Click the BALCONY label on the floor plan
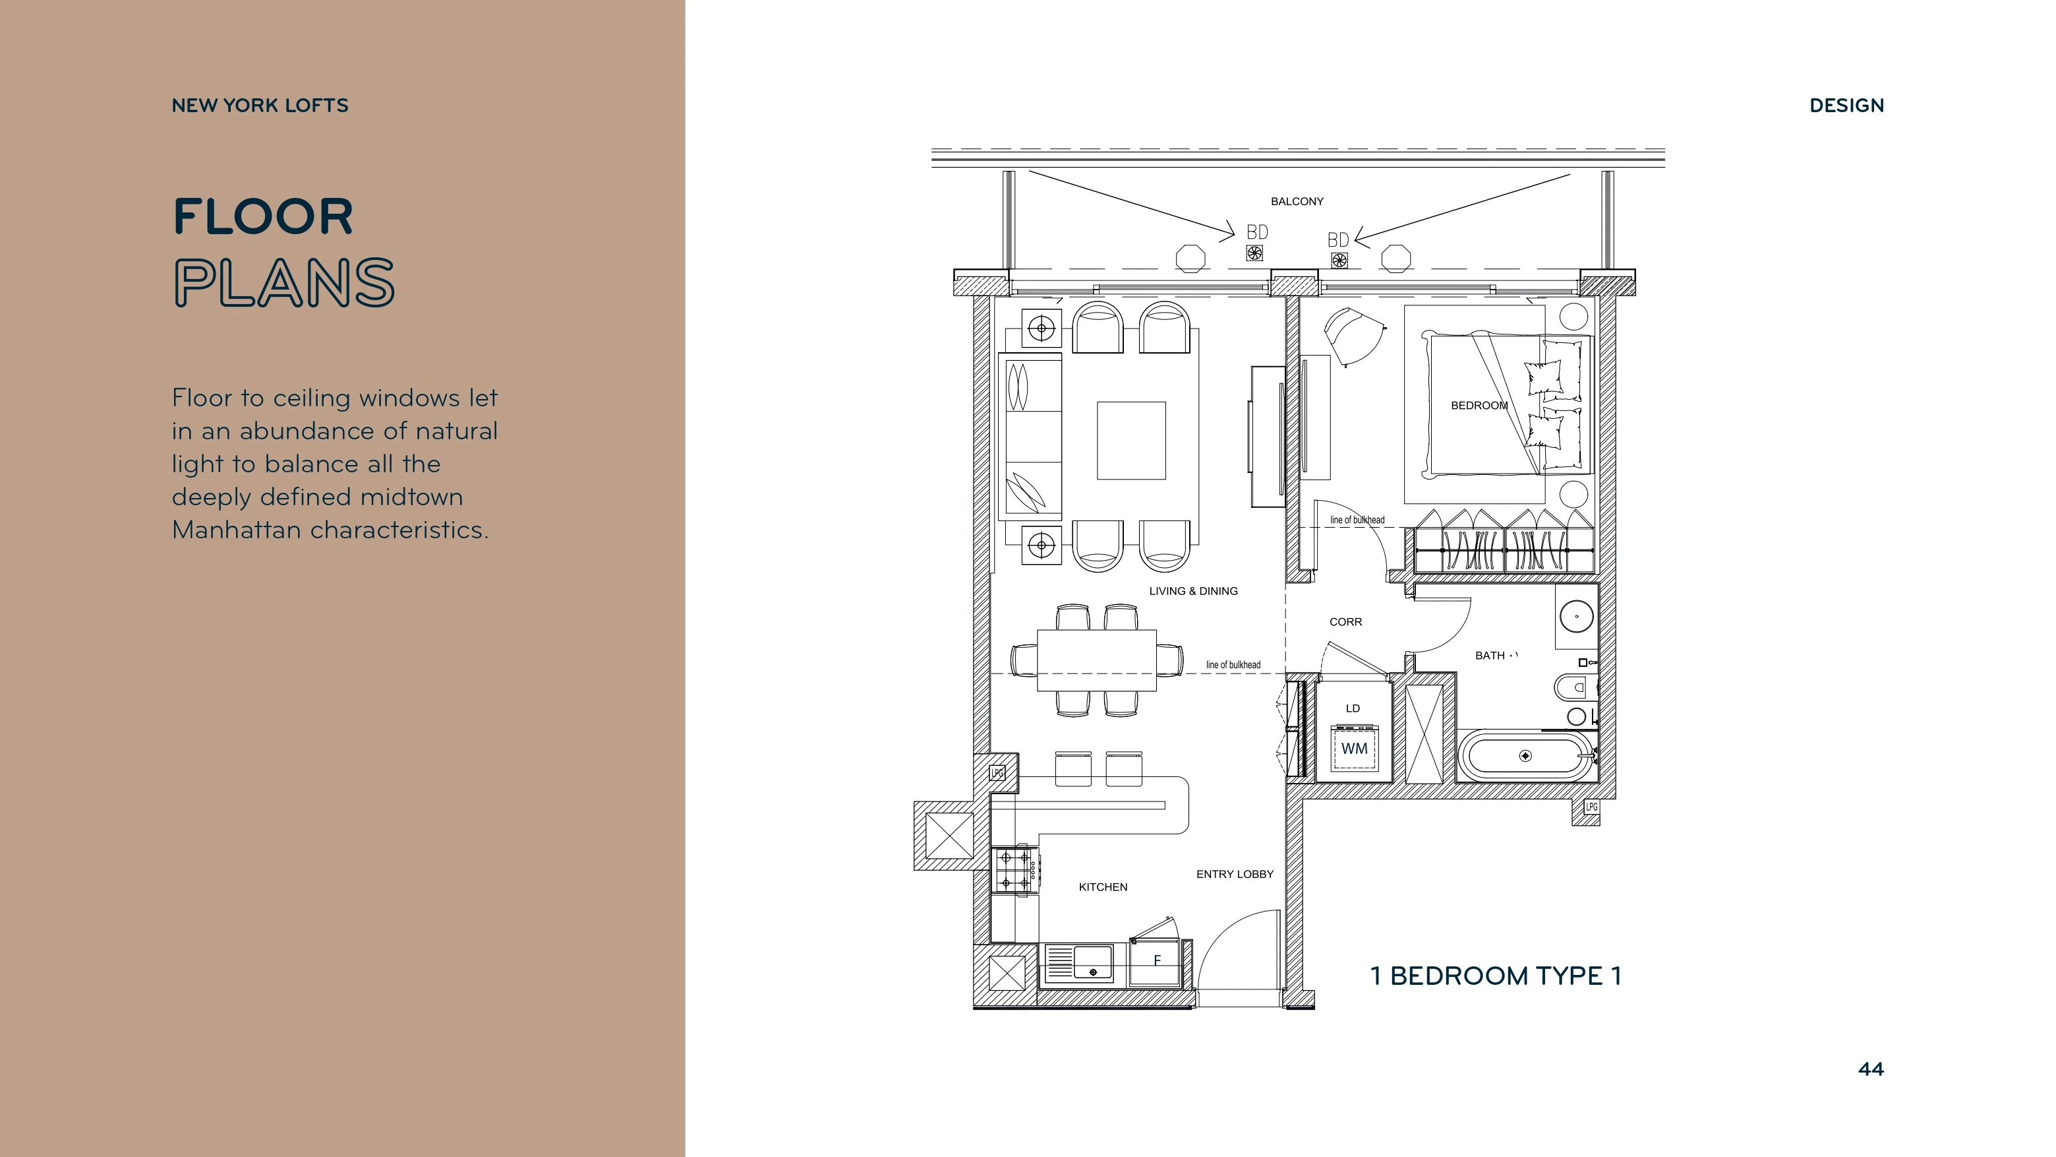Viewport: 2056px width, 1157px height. pos(1297,201)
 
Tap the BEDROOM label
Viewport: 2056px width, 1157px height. pos(1479,406)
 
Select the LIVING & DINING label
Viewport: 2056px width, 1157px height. pos(1193,591)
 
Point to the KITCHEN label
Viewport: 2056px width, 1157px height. pos(1103,887)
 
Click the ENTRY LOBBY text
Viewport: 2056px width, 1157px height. pos(1235,874)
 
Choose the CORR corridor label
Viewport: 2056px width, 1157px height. pos(1345,622)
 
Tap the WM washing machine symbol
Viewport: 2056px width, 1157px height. pos(1355,749)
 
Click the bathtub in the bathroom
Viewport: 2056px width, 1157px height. pos(1525,755)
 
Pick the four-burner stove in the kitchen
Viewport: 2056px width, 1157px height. pos(1014,870)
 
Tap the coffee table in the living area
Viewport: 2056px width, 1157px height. pos(1131,441)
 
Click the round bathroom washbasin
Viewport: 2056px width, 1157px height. pos(1576,616)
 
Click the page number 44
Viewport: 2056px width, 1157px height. pos(1871,1069)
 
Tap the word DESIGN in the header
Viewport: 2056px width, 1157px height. pos(1846,106)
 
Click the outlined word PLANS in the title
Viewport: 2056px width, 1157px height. pos(284,283)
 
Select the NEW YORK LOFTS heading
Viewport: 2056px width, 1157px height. pos(260,106)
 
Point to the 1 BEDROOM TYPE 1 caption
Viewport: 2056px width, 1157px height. pos(1496,976)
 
